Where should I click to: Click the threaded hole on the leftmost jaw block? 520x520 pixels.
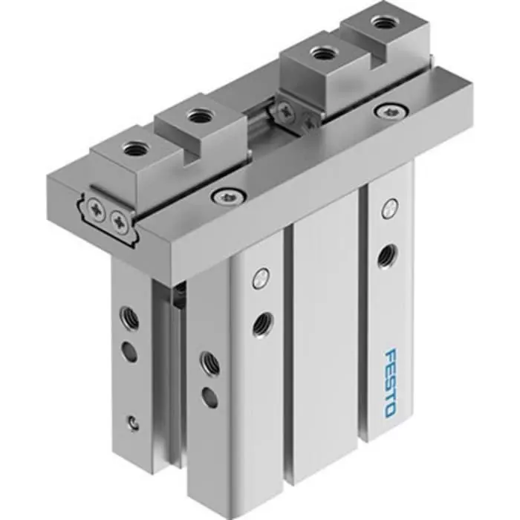[134, 149]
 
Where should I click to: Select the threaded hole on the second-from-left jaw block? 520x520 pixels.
[198, 116]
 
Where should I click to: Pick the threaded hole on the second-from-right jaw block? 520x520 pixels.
[322, 53]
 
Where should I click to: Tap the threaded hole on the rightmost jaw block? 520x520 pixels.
[383, 23]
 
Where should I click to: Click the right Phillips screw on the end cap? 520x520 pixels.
[118, 220]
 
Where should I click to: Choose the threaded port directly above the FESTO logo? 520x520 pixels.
[386, 256]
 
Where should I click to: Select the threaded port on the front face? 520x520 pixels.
[261, 323]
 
